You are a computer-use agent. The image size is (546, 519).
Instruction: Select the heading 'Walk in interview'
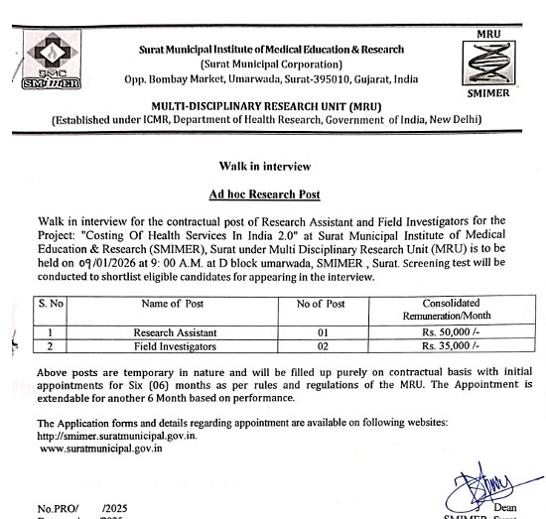(271, 166)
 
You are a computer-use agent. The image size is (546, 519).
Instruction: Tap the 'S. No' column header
(50, 303)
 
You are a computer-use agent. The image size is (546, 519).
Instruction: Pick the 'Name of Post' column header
(174, 303)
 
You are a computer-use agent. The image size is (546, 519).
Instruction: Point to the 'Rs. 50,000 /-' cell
(450, 332)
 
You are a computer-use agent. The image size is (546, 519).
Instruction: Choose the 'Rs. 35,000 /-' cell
(450, 347)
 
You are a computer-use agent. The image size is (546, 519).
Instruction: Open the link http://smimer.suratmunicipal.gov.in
(117, 435)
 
